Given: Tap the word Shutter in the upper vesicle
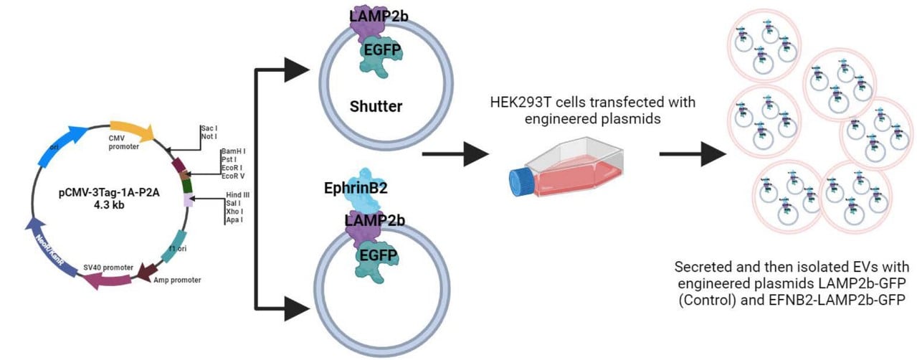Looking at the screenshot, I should point(376,107).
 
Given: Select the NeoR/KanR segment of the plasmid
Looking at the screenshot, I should point(44,243).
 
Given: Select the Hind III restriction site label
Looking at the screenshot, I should point(237,194).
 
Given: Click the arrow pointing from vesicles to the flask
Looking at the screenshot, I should point(455,153).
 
